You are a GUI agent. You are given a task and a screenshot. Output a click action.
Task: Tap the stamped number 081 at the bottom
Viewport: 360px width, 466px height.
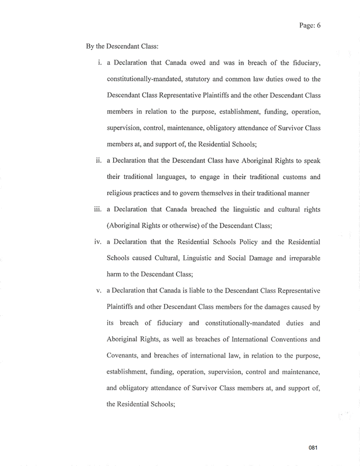coord(313,448)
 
